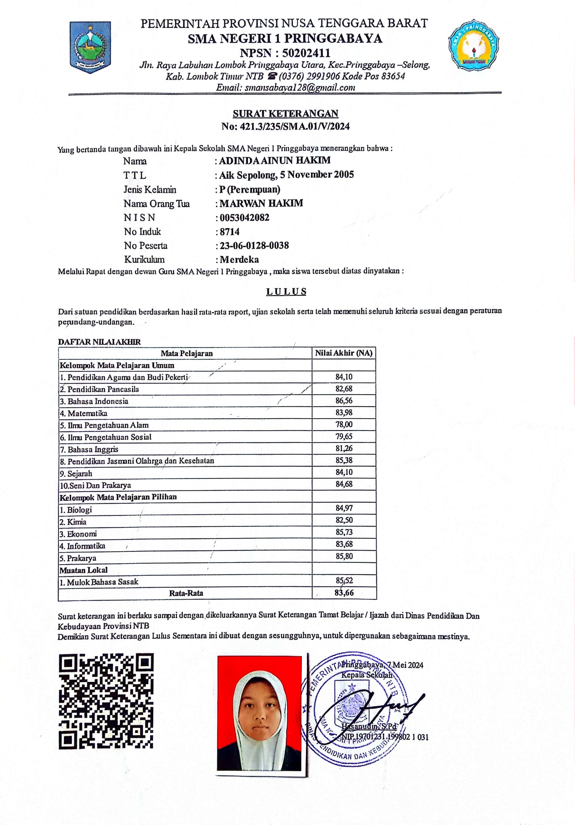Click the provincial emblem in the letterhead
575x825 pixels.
[x=90, y=47]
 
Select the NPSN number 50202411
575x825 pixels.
[x=306, y=53]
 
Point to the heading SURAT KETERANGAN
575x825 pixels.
[x=285, y=114]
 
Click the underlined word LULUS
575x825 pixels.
[x=286, y=291]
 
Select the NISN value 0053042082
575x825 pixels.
[x=244, y=218]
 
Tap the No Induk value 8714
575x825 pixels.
[x=230, y=232]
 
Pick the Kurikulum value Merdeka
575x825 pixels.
[x=239, y=259]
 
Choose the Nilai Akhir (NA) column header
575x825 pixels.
[x=343, y=353]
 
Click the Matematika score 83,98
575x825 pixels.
[x=344, y=413]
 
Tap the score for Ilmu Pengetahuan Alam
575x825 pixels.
[x=344, y=424]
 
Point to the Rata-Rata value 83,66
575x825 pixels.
[x=344, y=593]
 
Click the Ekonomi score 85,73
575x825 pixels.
[x=344, y=532]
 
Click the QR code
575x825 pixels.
[x=106, y=701]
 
